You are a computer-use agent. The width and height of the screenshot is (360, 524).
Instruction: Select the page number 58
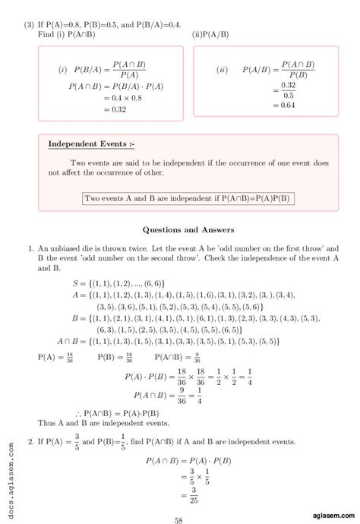tap(178, 499)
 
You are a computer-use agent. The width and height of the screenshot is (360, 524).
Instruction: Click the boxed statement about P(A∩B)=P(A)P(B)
tap(189, 199)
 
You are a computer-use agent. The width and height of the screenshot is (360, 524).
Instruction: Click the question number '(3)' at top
tap(30, 24)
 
